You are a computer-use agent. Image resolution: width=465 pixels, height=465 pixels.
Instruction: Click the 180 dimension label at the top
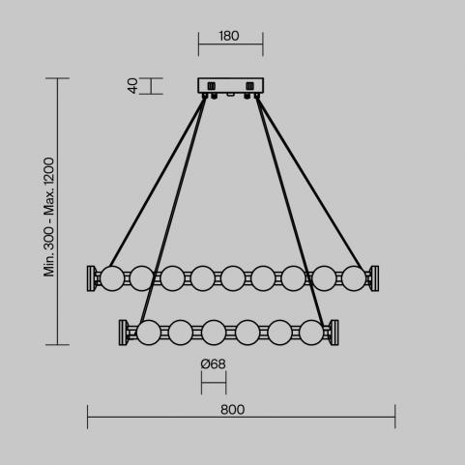click(x=229, y=36)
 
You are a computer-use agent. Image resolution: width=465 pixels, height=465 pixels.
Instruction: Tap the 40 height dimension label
click(x=132, y=86)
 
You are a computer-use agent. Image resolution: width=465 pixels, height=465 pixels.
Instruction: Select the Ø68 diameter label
click(x=213, y=364)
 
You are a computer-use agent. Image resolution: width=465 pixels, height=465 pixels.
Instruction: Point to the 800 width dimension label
click(x=232, y=410)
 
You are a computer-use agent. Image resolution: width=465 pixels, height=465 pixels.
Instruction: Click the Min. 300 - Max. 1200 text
click(x=49, y=217)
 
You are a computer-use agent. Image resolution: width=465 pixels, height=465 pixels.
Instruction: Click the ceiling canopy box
click(x=231, y=86)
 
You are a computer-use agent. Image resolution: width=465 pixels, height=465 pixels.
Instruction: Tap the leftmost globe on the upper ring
click(x=112, y=278)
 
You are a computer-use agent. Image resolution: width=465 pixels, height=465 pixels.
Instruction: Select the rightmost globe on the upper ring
click(x=354, y=278)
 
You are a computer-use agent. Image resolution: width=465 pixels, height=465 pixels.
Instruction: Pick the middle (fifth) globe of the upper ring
click(x=233, y=278)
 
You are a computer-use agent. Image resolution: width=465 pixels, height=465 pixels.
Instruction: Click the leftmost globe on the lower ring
click(x=149, y=333)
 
